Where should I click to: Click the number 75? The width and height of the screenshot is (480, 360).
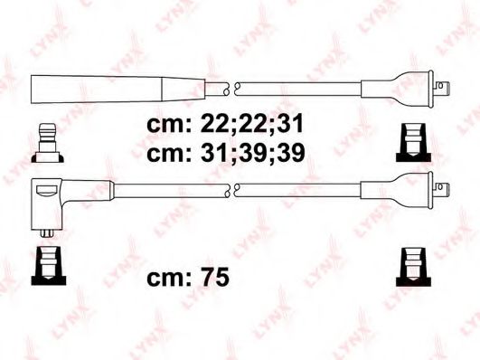pos(213,279)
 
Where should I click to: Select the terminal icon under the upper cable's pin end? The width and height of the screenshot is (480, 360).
pos(412,145)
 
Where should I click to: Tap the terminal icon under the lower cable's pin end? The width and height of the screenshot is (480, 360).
pos(412,261)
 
